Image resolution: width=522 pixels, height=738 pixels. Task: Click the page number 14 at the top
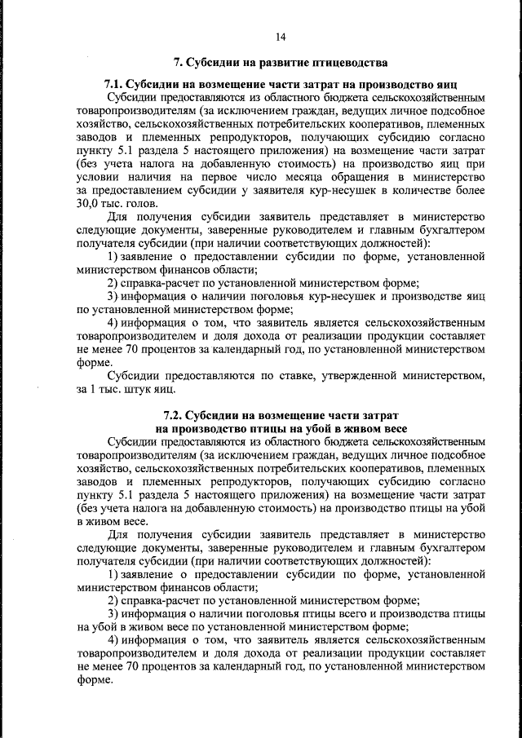(281, 36)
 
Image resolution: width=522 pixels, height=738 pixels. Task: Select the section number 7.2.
(177, 415)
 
